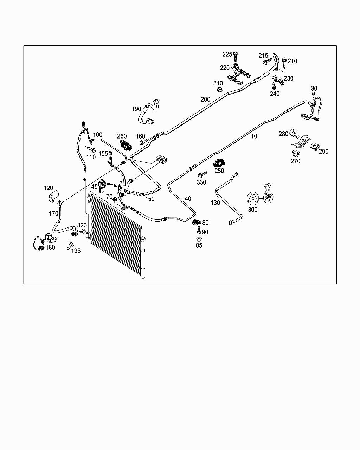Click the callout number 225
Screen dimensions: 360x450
tap(227, 54)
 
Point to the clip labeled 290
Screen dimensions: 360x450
tap(314, 146)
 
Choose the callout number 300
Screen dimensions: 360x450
tap(253, 210)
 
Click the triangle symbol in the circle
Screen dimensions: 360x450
tap(253, 198)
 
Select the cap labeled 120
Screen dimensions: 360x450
tap(53, 196)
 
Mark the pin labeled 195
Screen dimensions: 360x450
tap(70, 245)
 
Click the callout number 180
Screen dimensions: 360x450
tap(50, 247)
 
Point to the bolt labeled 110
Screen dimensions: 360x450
tap(91, 149)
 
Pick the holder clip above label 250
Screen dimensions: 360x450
tap(219, 163)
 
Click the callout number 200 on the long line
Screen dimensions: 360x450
tap(205, 99)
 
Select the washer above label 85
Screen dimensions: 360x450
tap(199, 238)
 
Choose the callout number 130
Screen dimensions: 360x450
tap(215, 202)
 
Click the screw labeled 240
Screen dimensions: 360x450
tap(274, 86)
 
